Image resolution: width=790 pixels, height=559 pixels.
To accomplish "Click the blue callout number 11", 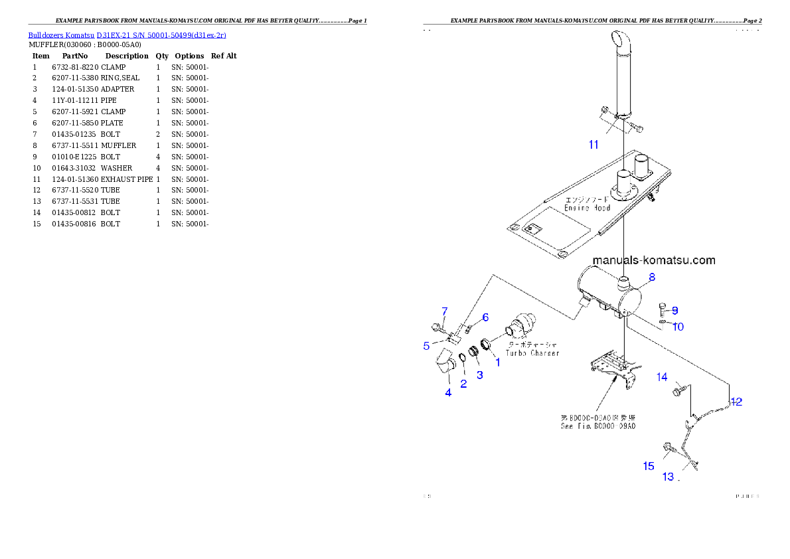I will [593, 145].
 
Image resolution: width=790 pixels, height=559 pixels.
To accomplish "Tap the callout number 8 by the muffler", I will [652, 278].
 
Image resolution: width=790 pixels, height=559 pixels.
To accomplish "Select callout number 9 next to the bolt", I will [674, 310].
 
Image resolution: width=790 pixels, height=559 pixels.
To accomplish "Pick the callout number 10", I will [677, 326].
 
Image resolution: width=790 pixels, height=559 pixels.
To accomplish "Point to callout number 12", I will [736, 401].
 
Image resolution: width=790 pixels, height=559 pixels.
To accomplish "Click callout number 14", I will [662, 377].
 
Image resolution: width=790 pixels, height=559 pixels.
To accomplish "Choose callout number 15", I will [649, 466].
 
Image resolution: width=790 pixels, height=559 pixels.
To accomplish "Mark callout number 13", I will [668, 477].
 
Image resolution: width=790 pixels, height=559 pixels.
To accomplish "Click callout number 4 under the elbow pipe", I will [448, 392].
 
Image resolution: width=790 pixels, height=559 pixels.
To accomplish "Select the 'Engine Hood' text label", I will [587, 208].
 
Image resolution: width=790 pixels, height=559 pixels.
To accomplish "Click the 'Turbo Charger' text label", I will [532, 353].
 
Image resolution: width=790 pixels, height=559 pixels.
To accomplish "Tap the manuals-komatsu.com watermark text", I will [654, 260].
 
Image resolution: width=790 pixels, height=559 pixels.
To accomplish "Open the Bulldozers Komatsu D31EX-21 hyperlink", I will [127, 35].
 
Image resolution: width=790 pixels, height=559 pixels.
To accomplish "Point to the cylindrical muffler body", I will [607, 292].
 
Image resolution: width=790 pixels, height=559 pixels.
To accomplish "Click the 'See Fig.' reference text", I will [597, 426].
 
